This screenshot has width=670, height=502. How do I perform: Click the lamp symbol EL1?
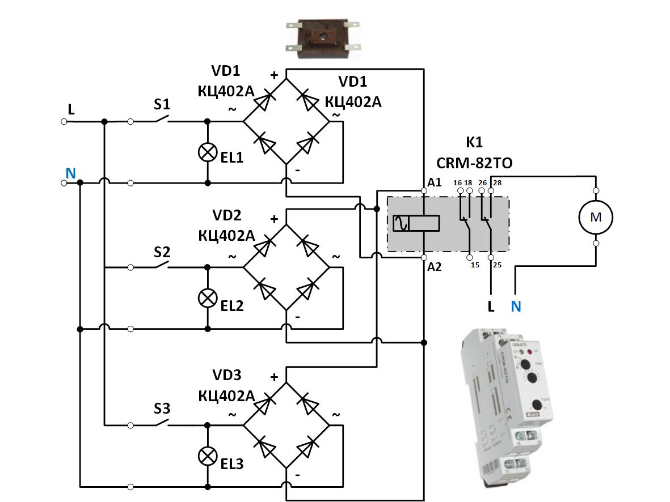click(207, 152)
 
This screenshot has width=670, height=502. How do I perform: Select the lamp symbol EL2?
click(207, 297)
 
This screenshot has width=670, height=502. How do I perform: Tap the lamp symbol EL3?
click(207, 455)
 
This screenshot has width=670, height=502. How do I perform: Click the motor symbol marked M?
click(596, 216)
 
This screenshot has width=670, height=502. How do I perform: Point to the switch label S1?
click(162, 105)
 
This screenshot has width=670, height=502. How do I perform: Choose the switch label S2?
click(162, 251)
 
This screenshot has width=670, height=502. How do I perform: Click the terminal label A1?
click(435, 182)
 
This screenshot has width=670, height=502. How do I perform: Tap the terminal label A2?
click(435, 266)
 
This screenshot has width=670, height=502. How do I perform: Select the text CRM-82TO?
click(474, 163)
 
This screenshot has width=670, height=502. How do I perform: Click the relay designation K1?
click(474, 142)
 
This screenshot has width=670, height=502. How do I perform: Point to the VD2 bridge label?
click(227, 215)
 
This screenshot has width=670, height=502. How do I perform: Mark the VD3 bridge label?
click(227, 375)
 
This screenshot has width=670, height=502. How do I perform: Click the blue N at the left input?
click(70, 173)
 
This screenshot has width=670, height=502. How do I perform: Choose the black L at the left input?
click(71, 109)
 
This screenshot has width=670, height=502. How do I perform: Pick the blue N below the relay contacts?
click(516, 307)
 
